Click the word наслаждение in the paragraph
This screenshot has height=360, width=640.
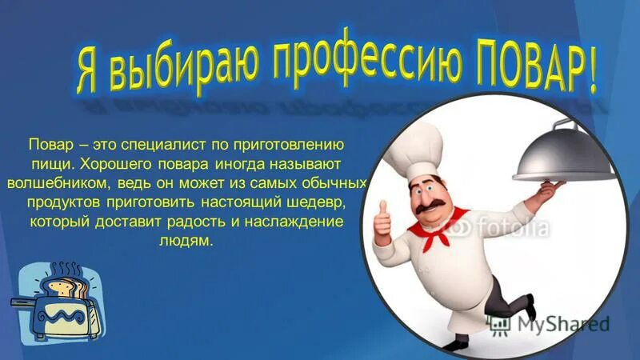[301, 222]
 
